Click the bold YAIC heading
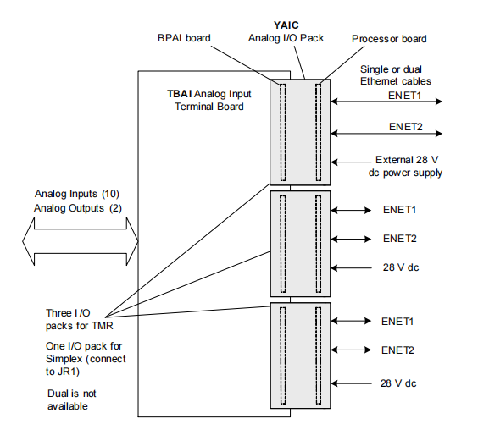[286, 25]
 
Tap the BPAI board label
[184, 38]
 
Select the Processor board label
[389, 39]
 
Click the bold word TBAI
[180, 94]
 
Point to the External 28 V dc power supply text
[405, 166]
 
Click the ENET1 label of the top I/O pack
[404, 96]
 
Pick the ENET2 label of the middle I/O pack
[400, 239]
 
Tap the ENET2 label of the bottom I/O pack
[397, 350]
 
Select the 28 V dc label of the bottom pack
[398, 383]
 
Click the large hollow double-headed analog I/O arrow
[81, 241]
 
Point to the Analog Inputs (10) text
[77, 194]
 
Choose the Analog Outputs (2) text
[78, 208]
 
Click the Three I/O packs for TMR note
[80, 319]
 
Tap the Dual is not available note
[72, 399]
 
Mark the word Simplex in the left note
[64, 359]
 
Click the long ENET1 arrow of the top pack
[386, 102]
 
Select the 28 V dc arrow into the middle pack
[351, 268]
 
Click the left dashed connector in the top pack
[283, 132]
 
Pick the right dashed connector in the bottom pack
[319, 355]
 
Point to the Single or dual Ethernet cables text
[396, 75]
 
